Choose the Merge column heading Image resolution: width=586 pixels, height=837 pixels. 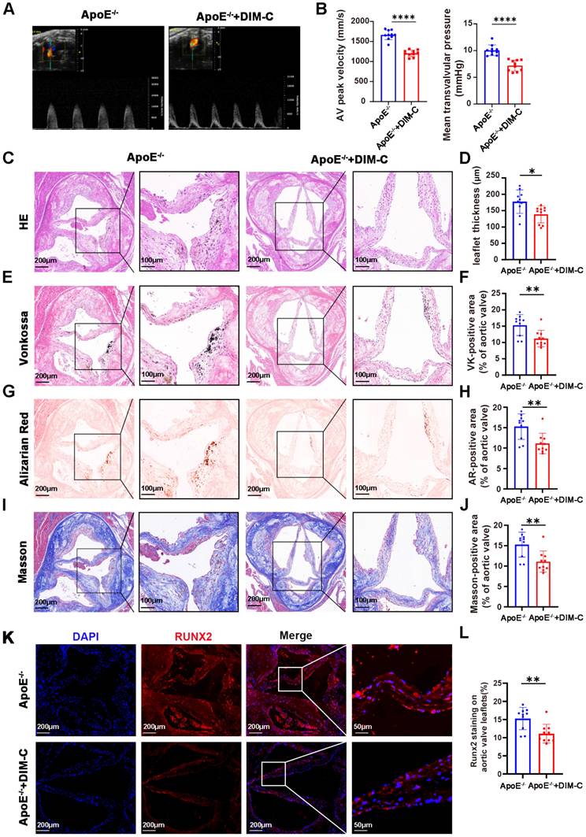pos(296,635)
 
